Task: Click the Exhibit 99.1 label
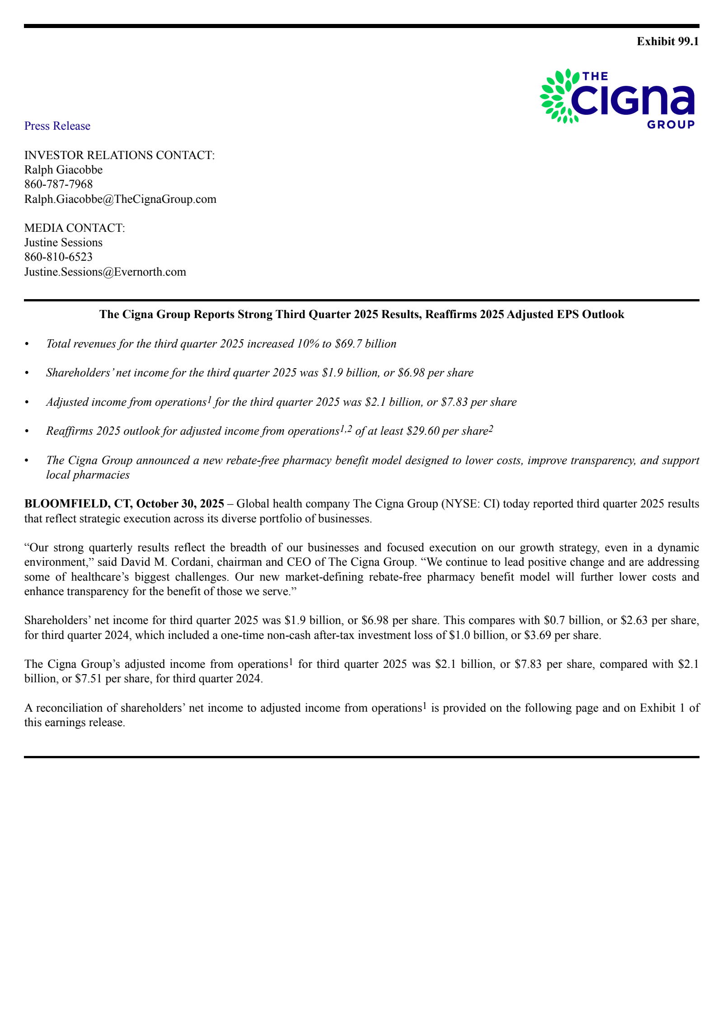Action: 667,42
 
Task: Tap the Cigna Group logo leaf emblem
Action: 558,96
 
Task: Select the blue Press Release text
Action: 57,126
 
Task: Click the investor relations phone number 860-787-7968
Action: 58,184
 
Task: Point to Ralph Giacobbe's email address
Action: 120,199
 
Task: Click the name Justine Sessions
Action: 63,243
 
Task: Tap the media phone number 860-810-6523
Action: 58,257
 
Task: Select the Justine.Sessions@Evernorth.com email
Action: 105,272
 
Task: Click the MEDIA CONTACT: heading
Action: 75,228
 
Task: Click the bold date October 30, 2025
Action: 180,504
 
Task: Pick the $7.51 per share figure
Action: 89,679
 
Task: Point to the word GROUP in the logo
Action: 671,125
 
